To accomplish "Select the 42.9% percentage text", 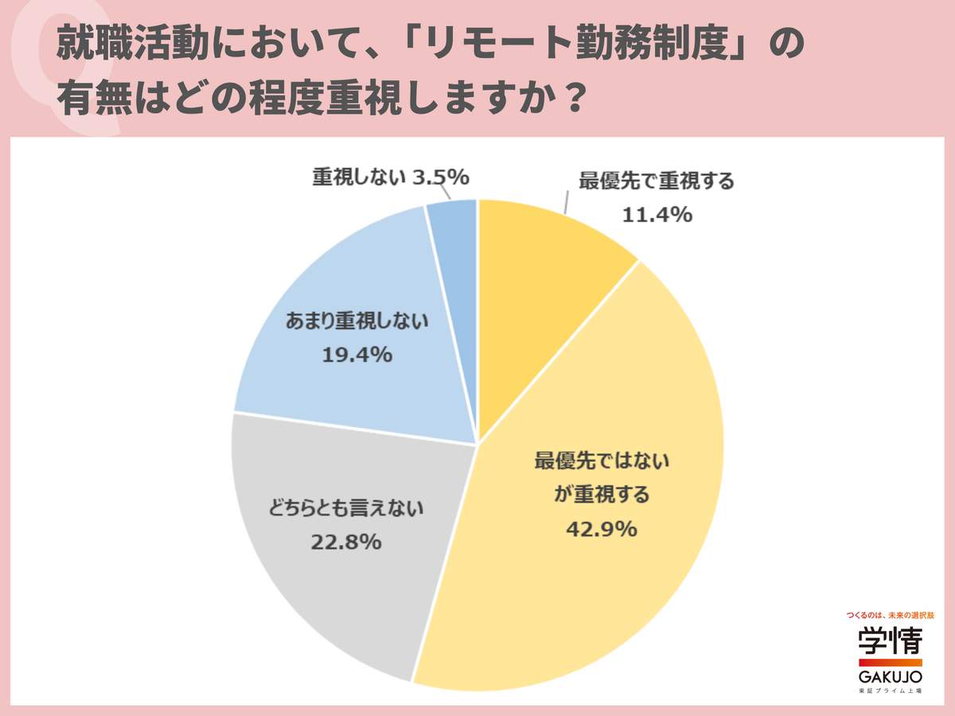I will click(x=602, y=528).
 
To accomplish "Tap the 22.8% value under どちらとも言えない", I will click(x=348, y=543).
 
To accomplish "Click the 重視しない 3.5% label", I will click(x=389, y=177).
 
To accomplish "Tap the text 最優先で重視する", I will click(x=657, y=180).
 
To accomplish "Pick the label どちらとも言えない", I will click(x=347, y=507).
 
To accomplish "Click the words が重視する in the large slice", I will click(x=602, y=494).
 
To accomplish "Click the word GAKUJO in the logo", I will click(x=890, y=676).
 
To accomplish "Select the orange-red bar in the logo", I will click(x=890, y=662).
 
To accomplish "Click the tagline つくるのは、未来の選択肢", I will click(x=890, y=616).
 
